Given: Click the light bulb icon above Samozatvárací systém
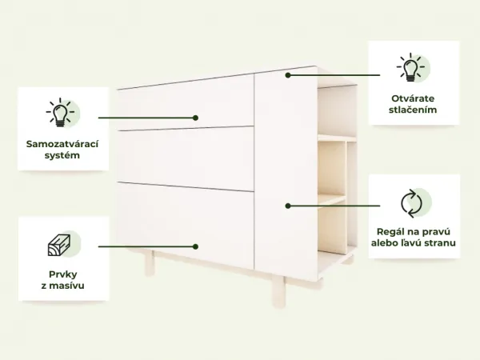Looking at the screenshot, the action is (60, 112).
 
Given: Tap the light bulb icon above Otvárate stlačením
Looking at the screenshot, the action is (411, 67).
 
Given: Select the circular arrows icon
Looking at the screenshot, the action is (411, 203).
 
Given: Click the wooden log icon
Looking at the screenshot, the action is (59, 245).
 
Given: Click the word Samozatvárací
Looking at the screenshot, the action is (62, 144).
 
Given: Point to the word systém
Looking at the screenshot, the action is (62, 155).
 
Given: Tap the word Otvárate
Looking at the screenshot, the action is (413, 98).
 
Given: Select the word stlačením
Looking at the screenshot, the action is (413, 110).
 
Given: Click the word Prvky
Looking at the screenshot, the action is (63, 274).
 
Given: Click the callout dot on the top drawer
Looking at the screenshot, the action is (195, 118).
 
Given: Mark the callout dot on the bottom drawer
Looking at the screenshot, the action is (195, 246).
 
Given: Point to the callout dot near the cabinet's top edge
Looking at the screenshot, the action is (288, 75).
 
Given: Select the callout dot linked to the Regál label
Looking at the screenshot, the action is (288, 206).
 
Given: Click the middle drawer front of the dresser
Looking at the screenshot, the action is (186, 158).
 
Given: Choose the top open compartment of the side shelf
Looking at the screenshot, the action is (337, 111).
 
